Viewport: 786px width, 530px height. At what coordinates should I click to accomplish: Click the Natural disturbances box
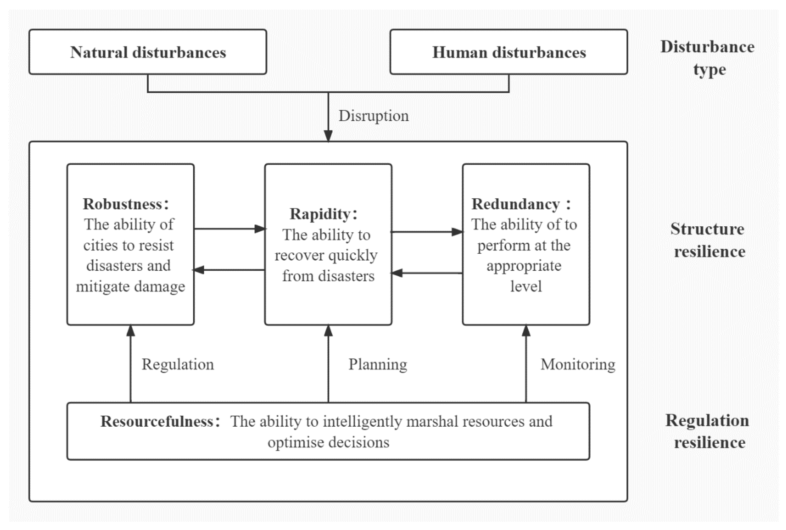point(148,52)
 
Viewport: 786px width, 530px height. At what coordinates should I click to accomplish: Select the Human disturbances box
point(509,52)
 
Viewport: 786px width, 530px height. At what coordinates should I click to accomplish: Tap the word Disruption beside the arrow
point(373,116)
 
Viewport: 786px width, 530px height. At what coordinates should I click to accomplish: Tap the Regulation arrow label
point(178,364)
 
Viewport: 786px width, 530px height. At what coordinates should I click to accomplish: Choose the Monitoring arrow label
point(578,364)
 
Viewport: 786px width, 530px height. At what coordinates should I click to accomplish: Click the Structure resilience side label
point(708,240)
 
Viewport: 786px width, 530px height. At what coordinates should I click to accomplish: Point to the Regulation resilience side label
point(708,431)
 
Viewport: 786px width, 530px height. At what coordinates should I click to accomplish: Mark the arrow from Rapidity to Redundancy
point(427,232)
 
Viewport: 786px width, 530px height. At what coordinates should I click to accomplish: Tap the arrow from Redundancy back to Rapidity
point(427,273)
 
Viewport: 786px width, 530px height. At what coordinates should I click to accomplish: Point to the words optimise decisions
point(329,442)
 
